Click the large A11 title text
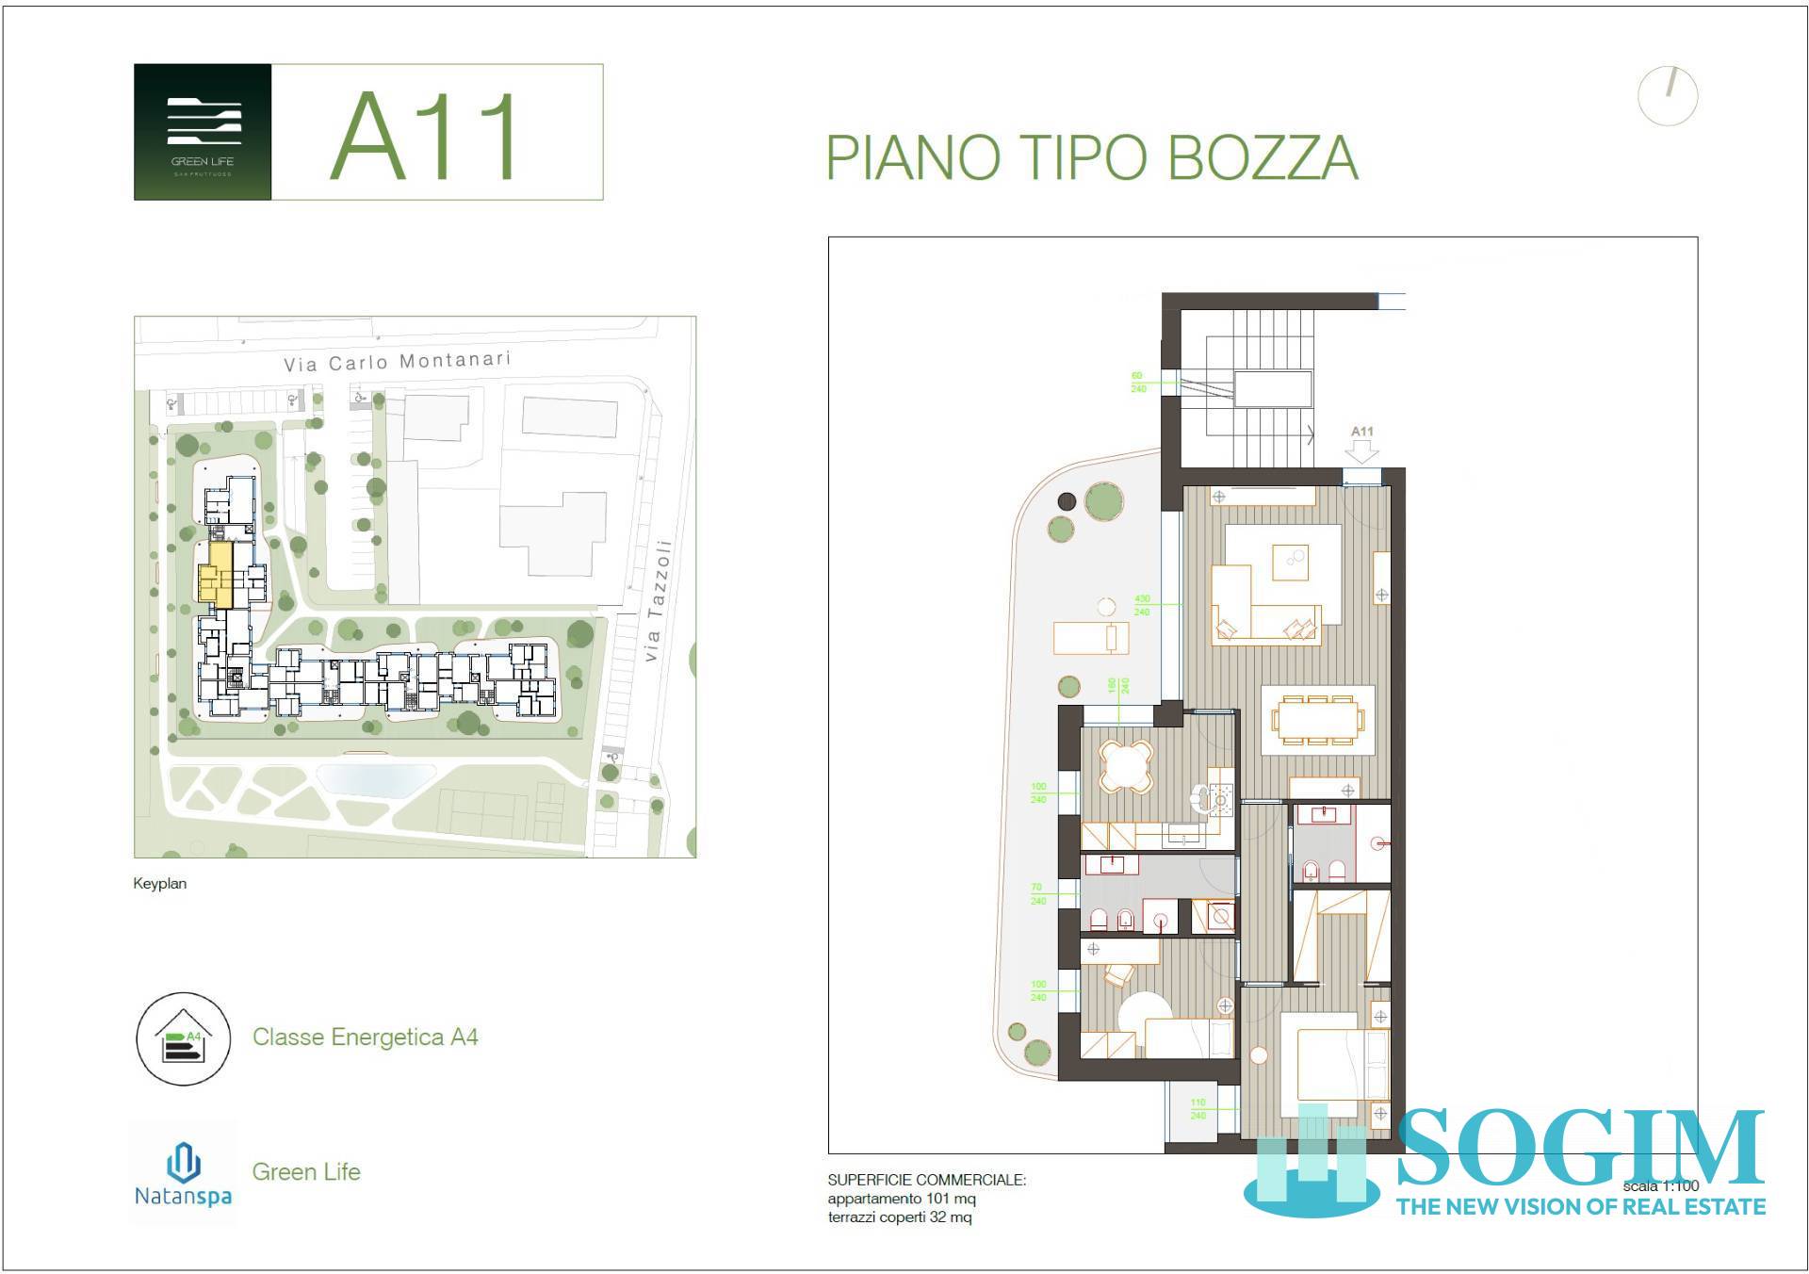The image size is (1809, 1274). point(426,137)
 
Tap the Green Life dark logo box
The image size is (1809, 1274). point(203,132)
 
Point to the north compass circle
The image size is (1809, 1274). point(1668,95)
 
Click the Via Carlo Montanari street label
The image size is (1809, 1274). point(398,361)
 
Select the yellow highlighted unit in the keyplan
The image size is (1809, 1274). point(216,573)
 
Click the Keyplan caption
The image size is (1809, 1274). point(159,884)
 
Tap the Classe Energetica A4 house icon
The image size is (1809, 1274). point(183,1038)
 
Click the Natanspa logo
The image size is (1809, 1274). point(183,1174)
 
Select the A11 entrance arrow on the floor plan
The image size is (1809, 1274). point(1361,450)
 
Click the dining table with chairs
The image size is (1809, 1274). point(1317,721)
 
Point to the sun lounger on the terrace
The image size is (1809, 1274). point(1090,639)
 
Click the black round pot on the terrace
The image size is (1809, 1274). point(1067,502)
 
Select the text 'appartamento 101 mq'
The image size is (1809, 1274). point(901,1199)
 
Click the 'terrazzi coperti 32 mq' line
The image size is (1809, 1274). point(899,1217)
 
